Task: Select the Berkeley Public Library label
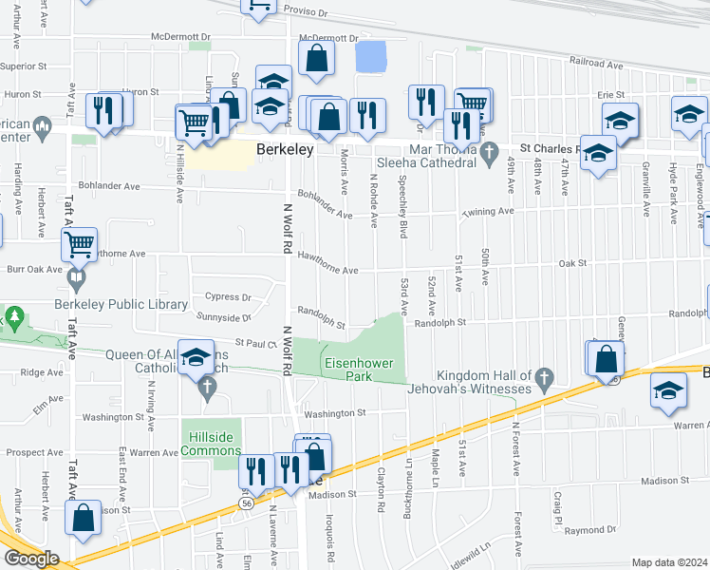click(x=134, y=304)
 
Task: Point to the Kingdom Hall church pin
click(x=544, y=380)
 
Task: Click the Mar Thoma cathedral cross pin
click(x=490, y=153)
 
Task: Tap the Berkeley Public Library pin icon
click(x=76, y=280)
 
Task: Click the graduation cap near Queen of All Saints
click(x=196, y=357)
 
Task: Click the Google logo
click(x=30, y=559)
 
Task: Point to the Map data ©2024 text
click(x=669, y=562)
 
